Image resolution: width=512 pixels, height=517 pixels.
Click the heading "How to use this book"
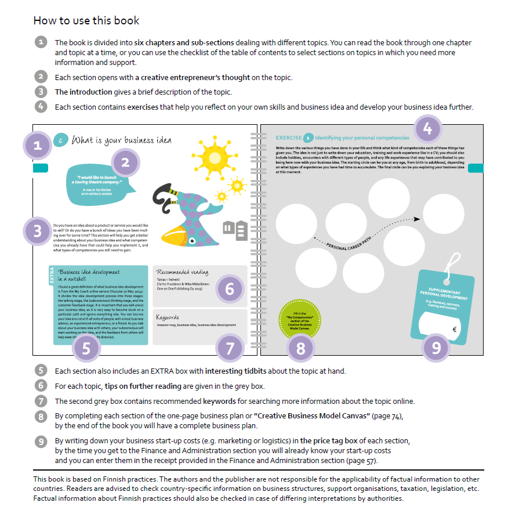[86, 20]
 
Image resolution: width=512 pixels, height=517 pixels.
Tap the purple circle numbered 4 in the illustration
[427, 129]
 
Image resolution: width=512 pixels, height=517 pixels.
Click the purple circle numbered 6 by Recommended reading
[230, 289]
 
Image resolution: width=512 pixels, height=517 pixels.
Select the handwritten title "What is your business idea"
[121, 140]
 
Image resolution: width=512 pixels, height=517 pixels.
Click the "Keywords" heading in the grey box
[168, 317]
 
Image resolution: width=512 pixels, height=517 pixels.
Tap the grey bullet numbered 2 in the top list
[40, 77]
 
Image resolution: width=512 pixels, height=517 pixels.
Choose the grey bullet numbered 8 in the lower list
[40, 416]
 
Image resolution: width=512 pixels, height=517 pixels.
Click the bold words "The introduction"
[83, 92]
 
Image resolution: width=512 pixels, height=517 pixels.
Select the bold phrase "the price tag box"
[331, 441]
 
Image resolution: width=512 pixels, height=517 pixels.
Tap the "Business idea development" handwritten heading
[89, 272]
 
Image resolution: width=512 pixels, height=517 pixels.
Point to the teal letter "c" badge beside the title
[60, 140]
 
